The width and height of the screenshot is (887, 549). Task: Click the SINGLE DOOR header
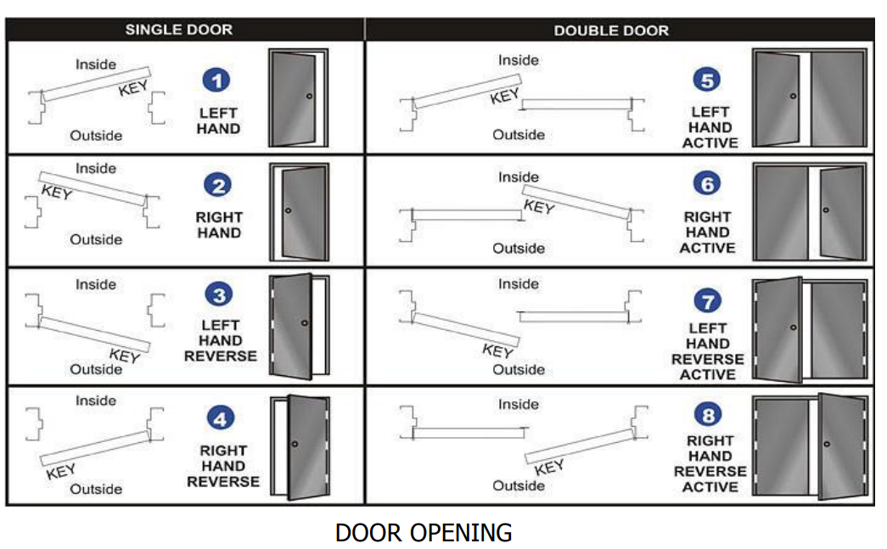pyautogui.click(x=178, y=30)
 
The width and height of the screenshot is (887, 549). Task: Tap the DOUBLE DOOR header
pyautogui.click(x=611, y=31)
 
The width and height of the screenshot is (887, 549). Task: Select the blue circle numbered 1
pyautogui.click(x=218, y=81)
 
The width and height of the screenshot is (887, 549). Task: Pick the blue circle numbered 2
pyautogui.click(x=218, y=186)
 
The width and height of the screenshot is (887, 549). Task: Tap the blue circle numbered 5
pyautogui.click(x=706, y=81)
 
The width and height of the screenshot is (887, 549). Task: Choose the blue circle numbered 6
pyautogui.click(x=706, y=183)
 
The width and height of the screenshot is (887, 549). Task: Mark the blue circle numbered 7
pyautogui.click(x=707, y=300)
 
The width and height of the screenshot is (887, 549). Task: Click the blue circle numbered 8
pyautogui.click(x=708, y=416)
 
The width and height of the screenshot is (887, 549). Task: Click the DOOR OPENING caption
pyautogui.click(x=424, y=533)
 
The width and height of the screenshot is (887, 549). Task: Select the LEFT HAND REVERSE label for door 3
pyautogui.click(x=220, y=340)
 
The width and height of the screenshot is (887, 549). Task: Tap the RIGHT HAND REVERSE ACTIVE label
pyautogui.click(x=710, y=463)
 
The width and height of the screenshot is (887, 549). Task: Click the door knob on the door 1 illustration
pyautogui.click(x=309, y=96)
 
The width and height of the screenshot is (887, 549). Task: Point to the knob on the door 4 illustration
pyautogui.click(x=294, y=444)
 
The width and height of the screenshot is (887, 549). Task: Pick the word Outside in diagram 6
pyautogui.click(x=519, y=249)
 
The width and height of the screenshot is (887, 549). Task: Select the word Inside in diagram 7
pyautogui.click(x=519, y=284)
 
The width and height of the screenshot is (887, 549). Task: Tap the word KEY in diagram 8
pyautogui.click(x=549, y=468)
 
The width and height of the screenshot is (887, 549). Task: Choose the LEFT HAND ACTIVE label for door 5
pyautogui.click(x=710, y=127)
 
